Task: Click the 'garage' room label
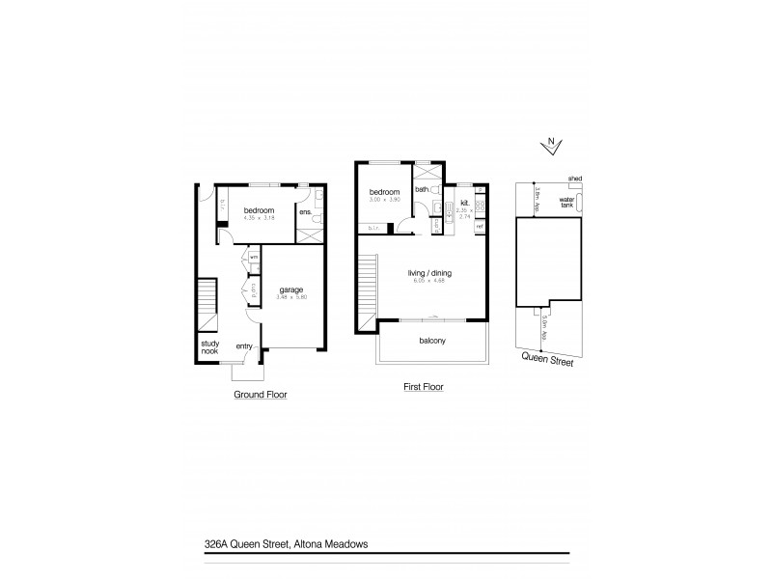click(x=292, y=289)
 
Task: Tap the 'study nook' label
click(x=209, y=347)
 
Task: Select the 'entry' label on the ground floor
click(x=243, y=346)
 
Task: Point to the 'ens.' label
click(x=304, y=211)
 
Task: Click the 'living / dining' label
click(x=430, y=273)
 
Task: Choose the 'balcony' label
click(x=431, y=340)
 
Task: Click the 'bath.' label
click(x=421, y=190)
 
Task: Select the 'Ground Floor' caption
click(x=261, y=395)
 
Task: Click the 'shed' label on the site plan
click(x=574, y=179)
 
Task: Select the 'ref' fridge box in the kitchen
click(x=480, y=226)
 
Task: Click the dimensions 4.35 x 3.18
click(x=259, y=218)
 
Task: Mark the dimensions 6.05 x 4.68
click(x=430, y=282)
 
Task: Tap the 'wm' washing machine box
click(x=254, y=258)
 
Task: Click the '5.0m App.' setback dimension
click(x=544, y=327)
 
